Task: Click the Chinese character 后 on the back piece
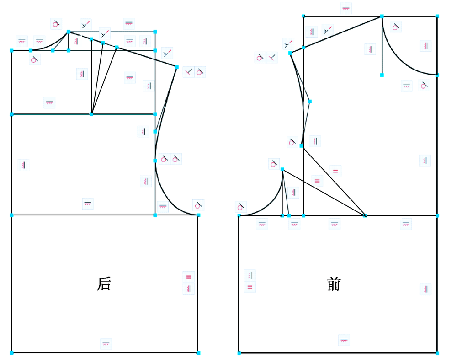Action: (104, 284)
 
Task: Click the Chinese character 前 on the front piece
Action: (334, 284)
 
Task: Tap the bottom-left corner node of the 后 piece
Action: (12, 353)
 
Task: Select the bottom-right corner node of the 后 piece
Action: (198, 353)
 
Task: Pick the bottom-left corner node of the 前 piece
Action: (239, 353)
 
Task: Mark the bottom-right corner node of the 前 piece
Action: (437, 353)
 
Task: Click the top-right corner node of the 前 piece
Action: (437, 16)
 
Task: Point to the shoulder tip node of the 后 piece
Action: (176, 67)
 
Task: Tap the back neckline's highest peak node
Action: (69, 32)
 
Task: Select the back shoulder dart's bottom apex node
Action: (91, 114)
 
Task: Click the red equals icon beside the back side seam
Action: (189, 277)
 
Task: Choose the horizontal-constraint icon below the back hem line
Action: (106, 344)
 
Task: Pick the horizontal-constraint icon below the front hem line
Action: (344, 340)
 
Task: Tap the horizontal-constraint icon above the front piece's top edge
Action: (345, 8)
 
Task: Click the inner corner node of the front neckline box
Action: (382, 75)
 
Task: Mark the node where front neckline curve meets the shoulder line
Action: (382, 16)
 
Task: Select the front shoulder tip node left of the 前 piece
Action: (290, 53)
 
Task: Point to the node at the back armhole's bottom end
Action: (198, 215)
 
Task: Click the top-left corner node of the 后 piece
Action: (12, 50)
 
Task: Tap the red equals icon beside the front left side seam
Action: (250, 287)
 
